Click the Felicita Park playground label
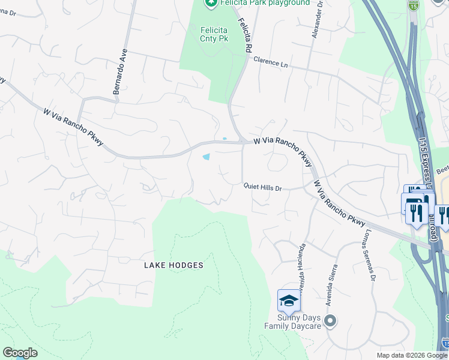[264, 3]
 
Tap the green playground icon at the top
[210, 3]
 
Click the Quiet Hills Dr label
[262, 187]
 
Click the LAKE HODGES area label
[173, 265]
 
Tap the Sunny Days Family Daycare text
[292, 321]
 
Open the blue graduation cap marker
[289, 300]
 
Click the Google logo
[20, 353]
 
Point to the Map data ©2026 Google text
[412, 355]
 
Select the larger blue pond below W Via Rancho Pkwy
[206, 157]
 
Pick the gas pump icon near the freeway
[414, 202]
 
